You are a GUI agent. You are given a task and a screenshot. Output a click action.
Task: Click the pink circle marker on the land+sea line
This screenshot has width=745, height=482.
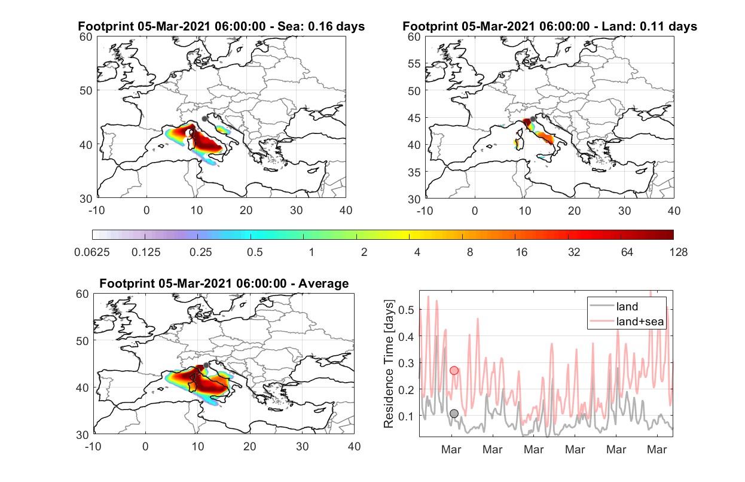coord(454,371)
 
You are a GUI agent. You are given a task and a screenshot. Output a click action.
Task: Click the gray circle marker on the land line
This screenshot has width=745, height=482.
coord(454,413)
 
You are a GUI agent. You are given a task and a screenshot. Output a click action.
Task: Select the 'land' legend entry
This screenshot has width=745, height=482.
coord(613,306)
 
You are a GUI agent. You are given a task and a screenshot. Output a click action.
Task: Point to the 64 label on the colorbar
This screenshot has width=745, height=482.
coord(627,252)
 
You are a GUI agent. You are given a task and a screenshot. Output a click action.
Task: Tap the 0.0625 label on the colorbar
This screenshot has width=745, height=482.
coord(92,252)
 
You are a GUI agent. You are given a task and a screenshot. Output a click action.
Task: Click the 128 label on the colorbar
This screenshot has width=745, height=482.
coord(678,252)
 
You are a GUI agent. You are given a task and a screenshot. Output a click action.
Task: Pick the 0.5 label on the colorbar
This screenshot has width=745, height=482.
coord(255,252)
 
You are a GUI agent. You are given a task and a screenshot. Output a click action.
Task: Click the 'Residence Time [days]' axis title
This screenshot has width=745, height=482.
coord(389,364)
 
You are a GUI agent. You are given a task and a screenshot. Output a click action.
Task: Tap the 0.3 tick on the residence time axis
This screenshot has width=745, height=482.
coord(406,363)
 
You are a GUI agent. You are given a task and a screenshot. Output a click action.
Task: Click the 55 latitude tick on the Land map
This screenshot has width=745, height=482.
coord(414,63)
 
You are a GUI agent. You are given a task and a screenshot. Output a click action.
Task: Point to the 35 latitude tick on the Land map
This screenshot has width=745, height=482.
coord(414,172)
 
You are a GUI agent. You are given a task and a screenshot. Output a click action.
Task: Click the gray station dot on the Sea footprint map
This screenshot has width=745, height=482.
coord(204,119)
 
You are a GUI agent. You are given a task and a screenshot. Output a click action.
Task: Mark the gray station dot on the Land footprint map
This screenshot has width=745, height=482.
coord(533,119)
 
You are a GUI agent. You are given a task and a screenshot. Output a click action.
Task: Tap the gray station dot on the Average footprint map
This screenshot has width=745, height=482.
coord(206,365)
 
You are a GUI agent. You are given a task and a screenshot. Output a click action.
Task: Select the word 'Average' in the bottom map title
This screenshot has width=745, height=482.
coord(323,283)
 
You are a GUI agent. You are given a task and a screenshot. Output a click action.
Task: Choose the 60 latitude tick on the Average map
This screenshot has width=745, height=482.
coord(83,294)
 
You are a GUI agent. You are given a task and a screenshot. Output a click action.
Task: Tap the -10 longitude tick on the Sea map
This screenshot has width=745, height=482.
coord(96,211)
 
